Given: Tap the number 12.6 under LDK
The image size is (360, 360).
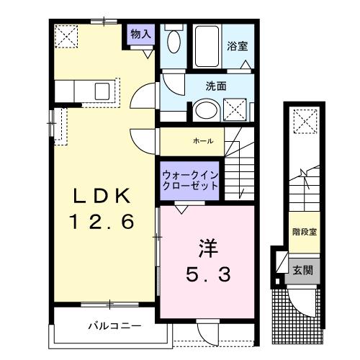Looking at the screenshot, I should click(x=102, y=222).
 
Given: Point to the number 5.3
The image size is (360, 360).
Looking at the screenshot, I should click(x=206, y=274).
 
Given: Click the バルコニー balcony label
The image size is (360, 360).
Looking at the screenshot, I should click(x=115, y=325).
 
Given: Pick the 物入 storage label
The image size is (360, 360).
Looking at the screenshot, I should click(x=140, y=33).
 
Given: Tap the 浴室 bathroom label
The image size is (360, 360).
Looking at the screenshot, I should click(x=238, y=47).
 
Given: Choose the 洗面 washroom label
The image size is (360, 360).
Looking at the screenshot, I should click(x=216, y=86).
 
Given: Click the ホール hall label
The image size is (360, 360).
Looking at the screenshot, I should click(x=202, y=141).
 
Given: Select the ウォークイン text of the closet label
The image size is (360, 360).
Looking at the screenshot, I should click(x=190, y=175).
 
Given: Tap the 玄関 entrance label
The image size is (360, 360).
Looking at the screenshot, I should click(x=303, y=271).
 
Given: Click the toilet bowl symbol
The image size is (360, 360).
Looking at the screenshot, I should click(x=174, y=41).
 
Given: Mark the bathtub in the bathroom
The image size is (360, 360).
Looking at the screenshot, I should click(x=209, y=46).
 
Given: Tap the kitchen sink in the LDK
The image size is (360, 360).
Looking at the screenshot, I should click(x=102, y=91).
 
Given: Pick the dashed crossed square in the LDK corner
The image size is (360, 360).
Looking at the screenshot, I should click(x=66, y=35).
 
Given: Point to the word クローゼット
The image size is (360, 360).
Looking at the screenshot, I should click(x=190, y=186).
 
